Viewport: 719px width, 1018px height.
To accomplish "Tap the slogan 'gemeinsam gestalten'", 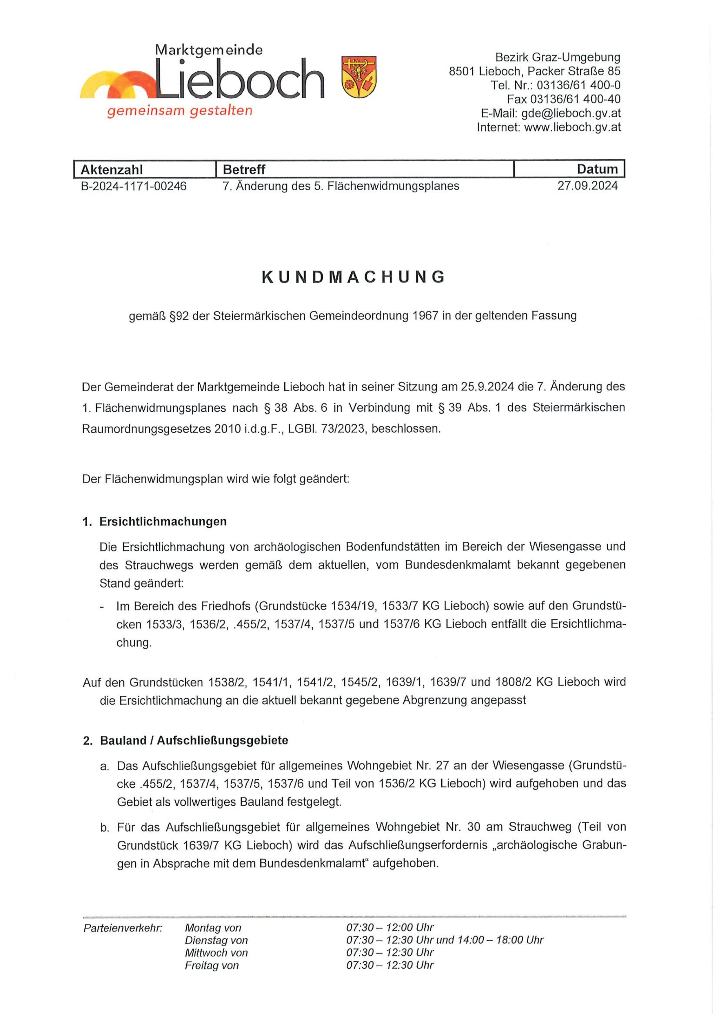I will (179, 111).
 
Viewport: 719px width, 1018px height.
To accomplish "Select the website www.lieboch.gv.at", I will (572, 127).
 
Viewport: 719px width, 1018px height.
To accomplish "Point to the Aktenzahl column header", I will (112, 169).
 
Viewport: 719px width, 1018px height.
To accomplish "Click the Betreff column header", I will (244, 169).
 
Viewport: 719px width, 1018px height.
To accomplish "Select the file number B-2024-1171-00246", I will (133, 186).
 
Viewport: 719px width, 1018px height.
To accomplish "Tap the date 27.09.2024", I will (587, 186).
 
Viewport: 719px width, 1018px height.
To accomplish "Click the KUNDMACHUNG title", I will (354, 277).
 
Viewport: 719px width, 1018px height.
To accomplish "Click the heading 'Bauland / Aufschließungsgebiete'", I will (194, 740).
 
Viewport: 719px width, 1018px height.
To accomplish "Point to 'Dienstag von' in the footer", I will (216, 940).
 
